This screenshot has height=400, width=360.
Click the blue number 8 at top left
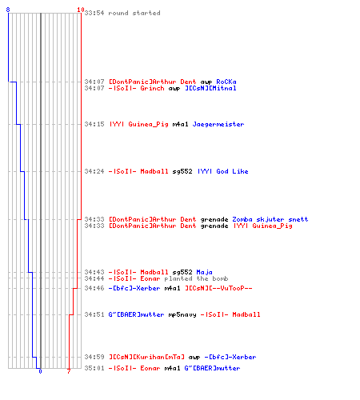[8, 10]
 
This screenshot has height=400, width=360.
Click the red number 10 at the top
[81, 10]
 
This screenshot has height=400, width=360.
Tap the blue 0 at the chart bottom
[40, 371]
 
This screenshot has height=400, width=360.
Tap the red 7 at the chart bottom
[69, 371]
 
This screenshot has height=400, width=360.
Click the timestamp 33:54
[94, 13]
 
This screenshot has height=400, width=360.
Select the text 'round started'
[134, 13]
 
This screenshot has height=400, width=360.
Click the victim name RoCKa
[226, 82]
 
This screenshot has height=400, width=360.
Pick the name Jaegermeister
[218, 124]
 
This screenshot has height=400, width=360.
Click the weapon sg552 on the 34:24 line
[182, 171]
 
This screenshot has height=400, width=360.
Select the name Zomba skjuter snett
[270, 219]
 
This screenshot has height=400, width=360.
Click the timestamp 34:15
[94, 124]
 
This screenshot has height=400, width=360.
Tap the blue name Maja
[204, 272]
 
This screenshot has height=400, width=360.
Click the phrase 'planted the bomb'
[196, 278]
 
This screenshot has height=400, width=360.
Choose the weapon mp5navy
[182, 314]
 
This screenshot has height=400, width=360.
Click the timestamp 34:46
[94, 288]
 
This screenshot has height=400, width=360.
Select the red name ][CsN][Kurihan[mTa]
[146, 357]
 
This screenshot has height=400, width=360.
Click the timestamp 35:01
[94, 368]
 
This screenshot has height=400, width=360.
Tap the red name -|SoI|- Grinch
[136, 88]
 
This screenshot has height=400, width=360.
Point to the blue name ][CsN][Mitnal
[210, 88]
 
